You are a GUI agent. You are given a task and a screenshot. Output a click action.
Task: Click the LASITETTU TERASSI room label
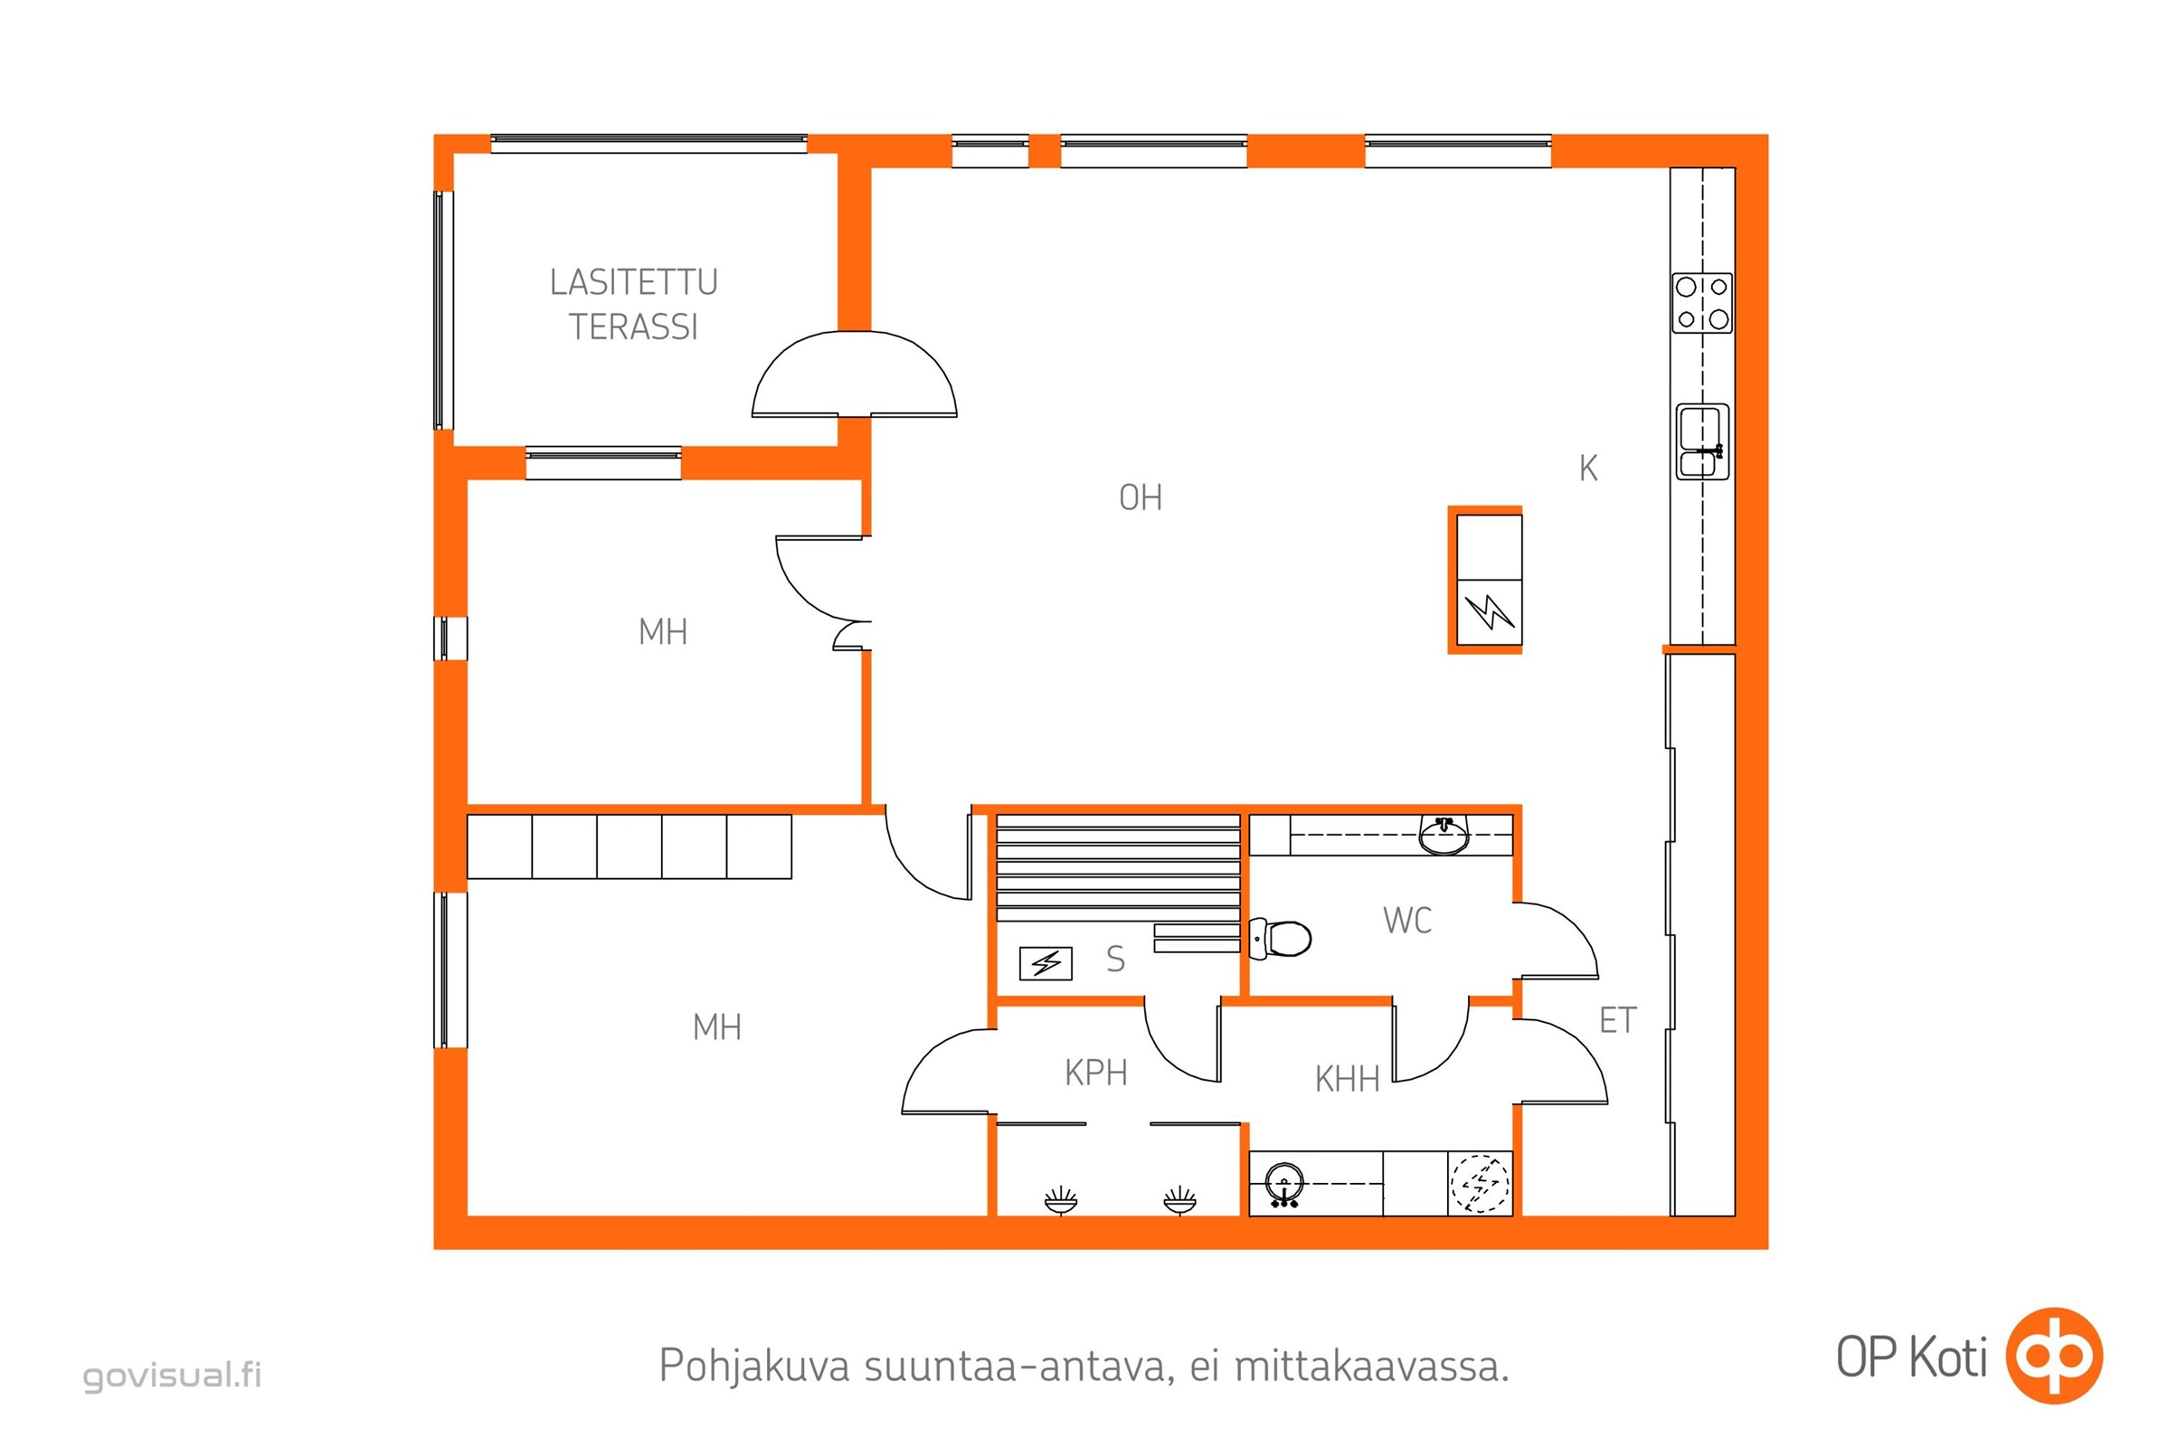[633, 305]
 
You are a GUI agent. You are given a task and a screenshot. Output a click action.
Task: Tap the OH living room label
[1140, 498]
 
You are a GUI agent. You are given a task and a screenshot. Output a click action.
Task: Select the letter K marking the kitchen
[1587, 468]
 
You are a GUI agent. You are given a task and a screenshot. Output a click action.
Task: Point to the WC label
[1407, 920]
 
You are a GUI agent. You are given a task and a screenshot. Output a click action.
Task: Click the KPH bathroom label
[1095, 1073]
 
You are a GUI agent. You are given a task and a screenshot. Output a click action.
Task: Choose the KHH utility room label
[1347, 1079]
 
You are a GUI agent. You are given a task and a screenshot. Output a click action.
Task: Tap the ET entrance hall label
[1618, 1021]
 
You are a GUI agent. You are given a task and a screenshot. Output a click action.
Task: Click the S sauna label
[1116, 960]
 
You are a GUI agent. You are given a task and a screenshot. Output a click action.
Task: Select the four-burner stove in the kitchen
[1702, 304]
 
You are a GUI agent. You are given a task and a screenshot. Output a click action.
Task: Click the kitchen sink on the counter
[1702, 442]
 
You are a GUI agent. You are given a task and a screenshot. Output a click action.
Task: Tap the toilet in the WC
[1279, 939]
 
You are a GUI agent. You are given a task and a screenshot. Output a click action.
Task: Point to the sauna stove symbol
[1046, 963]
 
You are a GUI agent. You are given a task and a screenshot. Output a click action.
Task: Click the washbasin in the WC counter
[1443, 836]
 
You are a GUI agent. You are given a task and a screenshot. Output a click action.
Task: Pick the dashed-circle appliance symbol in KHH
[1481, 1184]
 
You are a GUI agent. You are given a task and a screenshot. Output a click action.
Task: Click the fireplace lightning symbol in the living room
[1490, 611]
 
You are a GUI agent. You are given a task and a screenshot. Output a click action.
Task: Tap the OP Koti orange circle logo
[2056, 1356]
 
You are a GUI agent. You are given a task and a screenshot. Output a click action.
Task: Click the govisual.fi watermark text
[173, 1375]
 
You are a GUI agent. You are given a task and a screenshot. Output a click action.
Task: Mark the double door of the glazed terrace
[854, 374]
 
